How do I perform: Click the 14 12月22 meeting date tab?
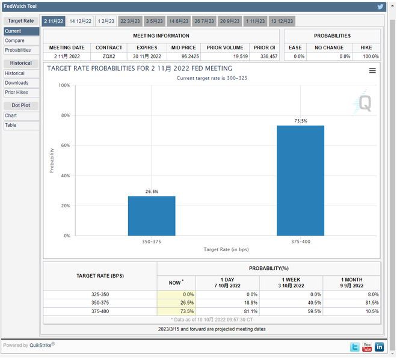click(80, 21)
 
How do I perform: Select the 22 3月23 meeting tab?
click(131, 21)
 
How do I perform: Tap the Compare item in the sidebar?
click(14, 41)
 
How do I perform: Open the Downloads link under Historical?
click(16, 83)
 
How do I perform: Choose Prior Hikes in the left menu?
click(17, 93)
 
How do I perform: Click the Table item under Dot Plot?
click(11, 125)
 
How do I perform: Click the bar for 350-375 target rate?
click(152, 216)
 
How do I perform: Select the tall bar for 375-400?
click(300, 180)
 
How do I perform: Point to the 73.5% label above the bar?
click(300, 121)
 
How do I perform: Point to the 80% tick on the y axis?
click(64, 115)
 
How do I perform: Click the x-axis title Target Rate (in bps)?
click(226, 249)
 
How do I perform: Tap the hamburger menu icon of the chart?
click(372, 70)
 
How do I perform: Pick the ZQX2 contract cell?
click(109, 56)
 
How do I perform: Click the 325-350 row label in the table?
click(100, 294)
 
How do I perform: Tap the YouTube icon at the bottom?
click(367, 347)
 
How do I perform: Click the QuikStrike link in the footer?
click(42, 345)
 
